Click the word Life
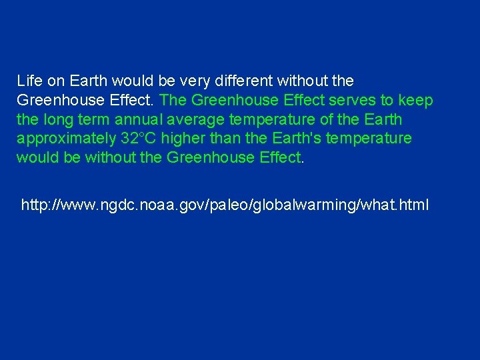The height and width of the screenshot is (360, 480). pyautogui.click(x=29, y=81)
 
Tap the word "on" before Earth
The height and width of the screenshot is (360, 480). pyautogui.click(x=56, y=81)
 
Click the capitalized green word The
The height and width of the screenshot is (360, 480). pyautogui.click(x=174, y=101)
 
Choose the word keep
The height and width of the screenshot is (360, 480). pyautogui.click(x=415, y=101)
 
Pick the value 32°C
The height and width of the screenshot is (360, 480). pyautogui.click(x=139, y=139)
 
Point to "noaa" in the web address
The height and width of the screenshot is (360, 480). pyautogui.click(x=145, y=205)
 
